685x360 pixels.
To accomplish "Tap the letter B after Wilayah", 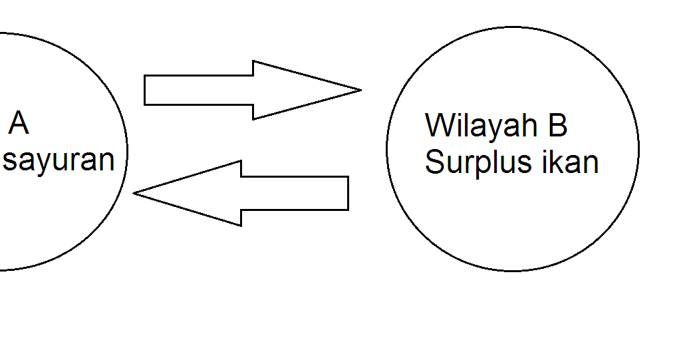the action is click(557, 125).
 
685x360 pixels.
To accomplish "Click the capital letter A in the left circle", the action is click(19, 124).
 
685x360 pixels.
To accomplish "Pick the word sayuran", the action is click(59, 160).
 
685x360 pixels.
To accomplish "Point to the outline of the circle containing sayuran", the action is click(126, 150).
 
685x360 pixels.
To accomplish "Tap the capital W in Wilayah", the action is click(438, 125).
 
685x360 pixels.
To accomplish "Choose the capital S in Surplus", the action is click(434, 162).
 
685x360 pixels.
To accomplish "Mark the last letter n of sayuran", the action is click(106, 160).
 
